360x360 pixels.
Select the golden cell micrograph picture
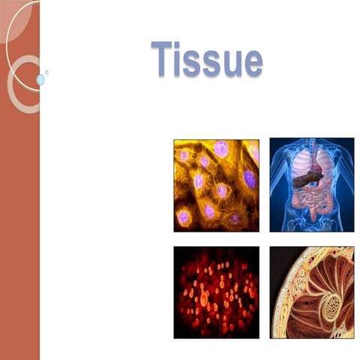(x=216, y=184)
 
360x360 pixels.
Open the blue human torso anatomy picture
(x=311, y=184)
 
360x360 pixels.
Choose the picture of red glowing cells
(x=216, y=292)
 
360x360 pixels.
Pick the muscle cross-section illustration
(x=311, y=292)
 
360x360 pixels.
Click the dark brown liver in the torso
(x=306, y=179)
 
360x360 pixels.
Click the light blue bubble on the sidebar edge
(x=40, y=79)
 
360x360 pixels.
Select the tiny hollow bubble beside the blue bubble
(x=46, y=72)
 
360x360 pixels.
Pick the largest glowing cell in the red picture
(x=204, y=298)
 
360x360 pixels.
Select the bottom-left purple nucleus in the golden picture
(x=183, y=217)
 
